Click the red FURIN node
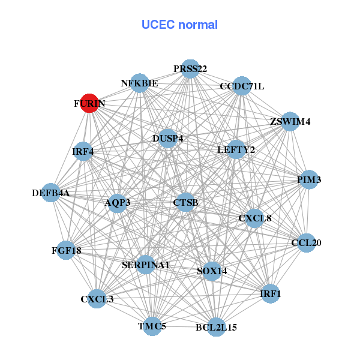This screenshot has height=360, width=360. pyautogui.click(x=89, y=103)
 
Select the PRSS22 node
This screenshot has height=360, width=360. pyautogui.click(x=190, y=68)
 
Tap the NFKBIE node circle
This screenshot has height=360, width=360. pyautogui.click(x=139, y=83)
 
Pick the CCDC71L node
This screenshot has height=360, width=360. pyautogui.click(x=241, y=86)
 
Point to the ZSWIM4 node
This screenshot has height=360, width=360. pyautogui.click(x=290, y=121)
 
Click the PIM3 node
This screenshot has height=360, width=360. pyautogui.click(x=308, y=179)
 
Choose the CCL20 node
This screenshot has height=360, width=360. pyautogui.click(x=306, y=243)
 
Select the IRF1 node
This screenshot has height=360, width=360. pyautogui.click(x=270, y=293)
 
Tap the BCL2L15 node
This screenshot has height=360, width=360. pyautogui.click(x=216, y=327)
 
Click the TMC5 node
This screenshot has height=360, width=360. pyautogui.click(x=152, y=326)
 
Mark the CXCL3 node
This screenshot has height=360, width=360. pyautogui.click(x=97, y=298)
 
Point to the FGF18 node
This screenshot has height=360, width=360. pyautogui.click(x=66, y=250)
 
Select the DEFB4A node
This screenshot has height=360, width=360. pyautogui.click(x=51, y=193)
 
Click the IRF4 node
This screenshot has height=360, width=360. pyautogui.click(x=83, y=151)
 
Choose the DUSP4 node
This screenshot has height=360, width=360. pyautogui.click(x=167, y=138)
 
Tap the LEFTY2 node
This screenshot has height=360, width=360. pyautogui.click(x=236, y=149)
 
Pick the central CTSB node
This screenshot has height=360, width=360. pyautogui.click(x=185, y=203)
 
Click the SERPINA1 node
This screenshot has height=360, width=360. pyautogui.click(x=145, y=264)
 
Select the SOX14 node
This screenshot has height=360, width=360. pyautogui.click(x=212, y=271)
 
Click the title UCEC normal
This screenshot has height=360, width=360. pyautogui.click(x=179, y=25)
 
